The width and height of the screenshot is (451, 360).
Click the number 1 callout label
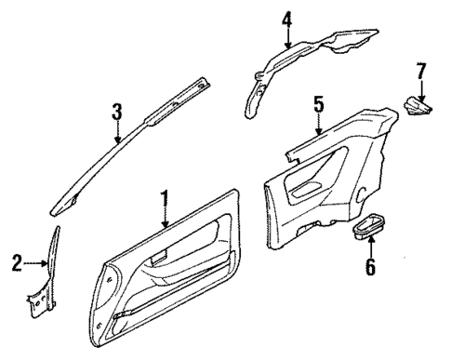[165, 199]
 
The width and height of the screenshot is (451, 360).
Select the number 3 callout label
[116, 113]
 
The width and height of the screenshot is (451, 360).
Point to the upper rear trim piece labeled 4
[307, 56]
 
